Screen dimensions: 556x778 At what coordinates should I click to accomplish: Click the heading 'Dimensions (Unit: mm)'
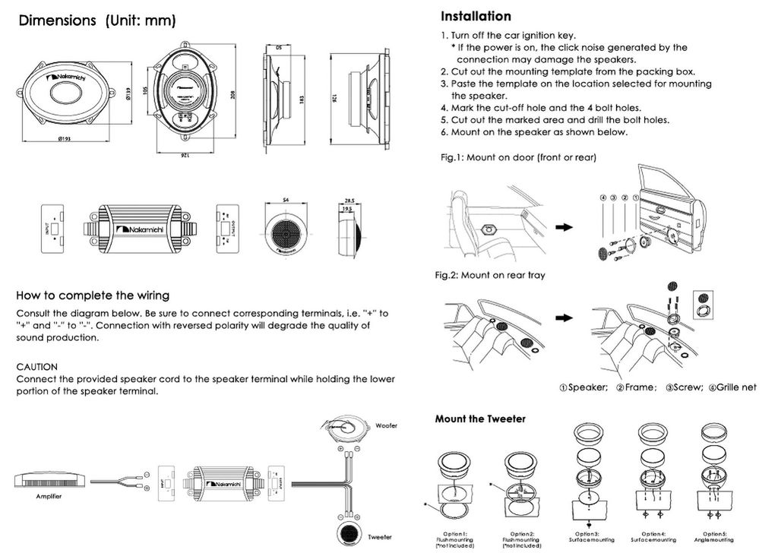[x=97, y=21]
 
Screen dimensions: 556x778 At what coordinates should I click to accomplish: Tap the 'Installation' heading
[x=476, y=16]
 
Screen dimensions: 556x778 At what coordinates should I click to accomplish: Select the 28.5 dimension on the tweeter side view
[x=351, y=202]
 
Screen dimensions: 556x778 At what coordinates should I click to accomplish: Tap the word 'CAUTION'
[x=37, y=366]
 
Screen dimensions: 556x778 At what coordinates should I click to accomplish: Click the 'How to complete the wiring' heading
[x=93, y=295]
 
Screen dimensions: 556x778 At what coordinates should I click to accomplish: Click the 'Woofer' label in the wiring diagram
[x=387, y=425]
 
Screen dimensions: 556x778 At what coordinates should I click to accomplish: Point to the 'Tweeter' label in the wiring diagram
[x=380, y=537]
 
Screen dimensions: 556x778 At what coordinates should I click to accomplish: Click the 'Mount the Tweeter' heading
[x=479, y=419]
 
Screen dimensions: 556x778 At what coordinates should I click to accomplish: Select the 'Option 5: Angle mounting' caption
[x=713, y=537]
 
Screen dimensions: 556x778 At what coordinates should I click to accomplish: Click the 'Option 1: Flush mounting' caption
[x=456, y=539]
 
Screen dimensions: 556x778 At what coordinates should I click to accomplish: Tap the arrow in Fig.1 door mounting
[x=563, y=226]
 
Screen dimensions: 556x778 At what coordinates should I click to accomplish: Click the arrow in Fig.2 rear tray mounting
[x=562, y=317]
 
